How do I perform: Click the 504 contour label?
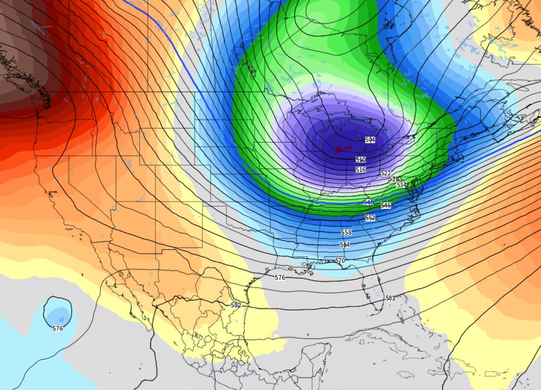tap(370, 140)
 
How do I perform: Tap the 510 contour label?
tap(361, 160)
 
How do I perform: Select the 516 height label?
tap(361, 169)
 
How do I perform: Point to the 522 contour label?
tap(385, 173)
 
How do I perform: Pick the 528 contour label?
tap(393, 179)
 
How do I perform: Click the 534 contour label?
tap(401, 185)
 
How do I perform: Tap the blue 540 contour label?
tap(368, 203)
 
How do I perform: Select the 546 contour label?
tap(385, 205)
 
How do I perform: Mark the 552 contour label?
tap(370, 218)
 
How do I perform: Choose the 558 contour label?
tap(346, 232)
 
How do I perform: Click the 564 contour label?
tap(344, 245)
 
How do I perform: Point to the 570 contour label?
tap(340, 261)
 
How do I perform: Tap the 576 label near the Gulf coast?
tap(280, 278)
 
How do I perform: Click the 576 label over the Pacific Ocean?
tap(57, 328)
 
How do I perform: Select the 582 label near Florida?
tap(390, 298)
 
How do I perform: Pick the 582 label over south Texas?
tap(236, 305)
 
